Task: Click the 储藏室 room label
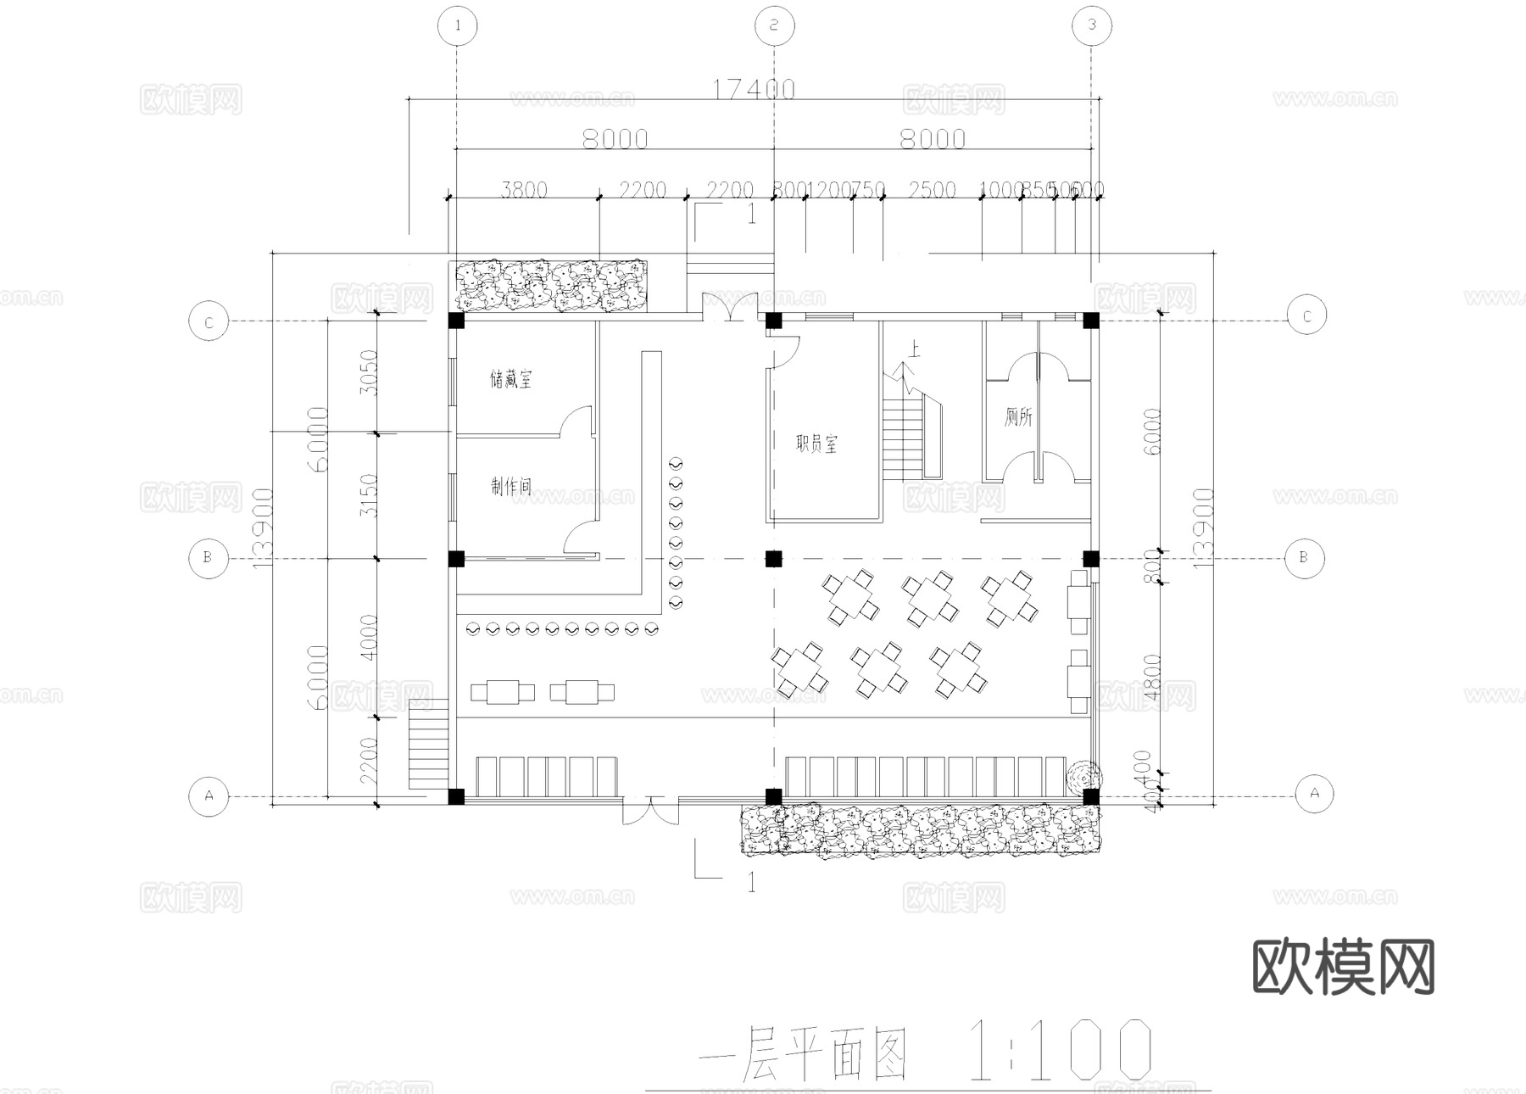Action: coord(511,379)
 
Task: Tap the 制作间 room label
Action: coord(511,487)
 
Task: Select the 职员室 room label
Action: coord(816,444)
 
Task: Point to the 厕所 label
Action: coord(1018,416)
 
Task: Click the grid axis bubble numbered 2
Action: coord(774,25)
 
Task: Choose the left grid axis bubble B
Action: coord(208,558)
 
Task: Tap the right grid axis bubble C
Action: coord(1306,316)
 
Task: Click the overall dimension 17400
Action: coord(753,89)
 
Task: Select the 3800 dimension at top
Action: coord(523,189)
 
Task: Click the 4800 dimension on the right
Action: coord(1150,677)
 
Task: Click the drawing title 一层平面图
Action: coord(801,1054)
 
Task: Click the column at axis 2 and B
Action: coord(773,559)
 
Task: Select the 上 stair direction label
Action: coord(914,349)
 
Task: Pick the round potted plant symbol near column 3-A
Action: coord(1083,775)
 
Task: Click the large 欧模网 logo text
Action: coord(1343,967)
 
